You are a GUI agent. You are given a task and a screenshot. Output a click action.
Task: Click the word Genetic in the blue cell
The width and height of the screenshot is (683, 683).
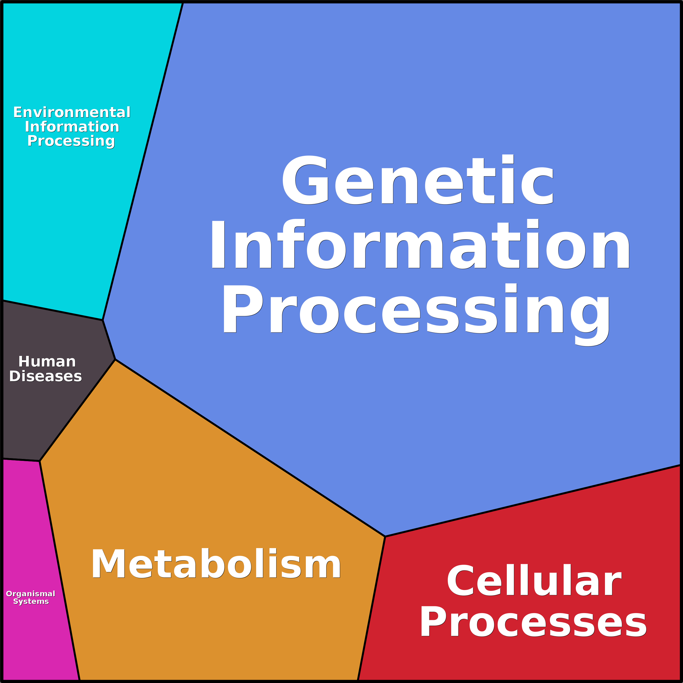pyautogui.click(x=417, y=180)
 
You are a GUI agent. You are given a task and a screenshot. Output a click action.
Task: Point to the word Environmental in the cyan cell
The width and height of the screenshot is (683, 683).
pyautogui.click(x=72, y=112)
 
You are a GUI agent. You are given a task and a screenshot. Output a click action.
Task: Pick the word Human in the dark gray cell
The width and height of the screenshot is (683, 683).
pyautogui.click(x=47, y=362)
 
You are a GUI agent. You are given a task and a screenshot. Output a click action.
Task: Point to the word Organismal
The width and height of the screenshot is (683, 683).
pyautogui.click(x=31, y=594)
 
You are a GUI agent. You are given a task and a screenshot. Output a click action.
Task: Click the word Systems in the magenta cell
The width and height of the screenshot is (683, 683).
pyautogui.click(x=31, y=601)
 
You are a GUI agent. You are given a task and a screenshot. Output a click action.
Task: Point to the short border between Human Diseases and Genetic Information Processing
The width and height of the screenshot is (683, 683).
pyautogui.click(x=109, y=340)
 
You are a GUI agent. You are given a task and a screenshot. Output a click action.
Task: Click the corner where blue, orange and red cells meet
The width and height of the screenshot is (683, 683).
pyautogui.click(x=385, y=537)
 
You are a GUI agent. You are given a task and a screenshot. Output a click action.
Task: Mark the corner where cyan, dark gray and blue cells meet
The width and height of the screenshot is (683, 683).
pyautogui.click(x=103, y=320)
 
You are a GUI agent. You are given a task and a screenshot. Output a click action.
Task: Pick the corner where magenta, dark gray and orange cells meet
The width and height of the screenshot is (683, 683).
pyautogui.click(x=40, y=461)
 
